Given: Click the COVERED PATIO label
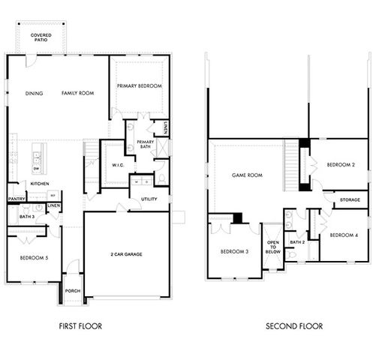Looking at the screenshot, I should (x=41, y=38).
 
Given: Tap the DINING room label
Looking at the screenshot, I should (x=34, y=94).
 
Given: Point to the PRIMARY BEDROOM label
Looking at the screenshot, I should (x=140, y=86).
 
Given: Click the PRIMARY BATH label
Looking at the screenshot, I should (x=146, y=144).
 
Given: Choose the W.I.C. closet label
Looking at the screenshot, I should (x=118, y=165).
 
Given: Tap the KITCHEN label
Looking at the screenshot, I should (x=40, y=184).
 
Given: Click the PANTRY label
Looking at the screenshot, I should (x=17, y=199).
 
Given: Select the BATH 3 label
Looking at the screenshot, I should (x=17, y=217).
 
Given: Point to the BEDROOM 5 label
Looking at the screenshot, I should (x=34, y=258).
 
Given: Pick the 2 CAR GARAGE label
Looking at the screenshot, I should (x=125, y=254).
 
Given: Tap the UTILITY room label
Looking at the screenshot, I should (x=149, y=199).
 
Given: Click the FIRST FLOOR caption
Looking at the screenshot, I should (x=80, y=326).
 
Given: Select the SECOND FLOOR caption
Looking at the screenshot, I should (x=294, y=326).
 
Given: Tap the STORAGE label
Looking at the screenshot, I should (x=350, y=200).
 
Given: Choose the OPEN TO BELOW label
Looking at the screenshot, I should (x=272, y=248).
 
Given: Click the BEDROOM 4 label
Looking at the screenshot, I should (x=344, y=235).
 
